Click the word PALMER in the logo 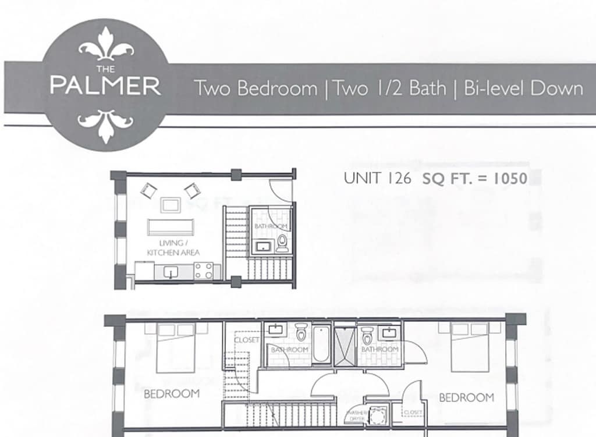click(105, 86)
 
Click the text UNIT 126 click(377, 178)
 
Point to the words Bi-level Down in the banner click(523, 88)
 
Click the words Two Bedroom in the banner click(256, 88)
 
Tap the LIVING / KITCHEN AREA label click(173, 248)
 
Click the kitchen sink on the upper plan click(171, 272)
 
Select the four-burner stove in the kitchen click(204, 271)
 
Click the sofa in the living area click(171, 228)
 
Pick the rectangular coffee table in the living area click(171, 205)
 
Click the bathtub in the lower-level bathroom click(321, 344)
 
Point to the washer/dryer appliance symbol click(377, 415)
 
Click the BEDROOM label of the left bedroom click(172, 394)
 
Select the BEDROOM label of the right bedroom click(466, 397)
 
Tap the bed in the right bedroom click(470, 347)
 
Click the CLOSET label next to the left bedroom click(247, 340)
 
